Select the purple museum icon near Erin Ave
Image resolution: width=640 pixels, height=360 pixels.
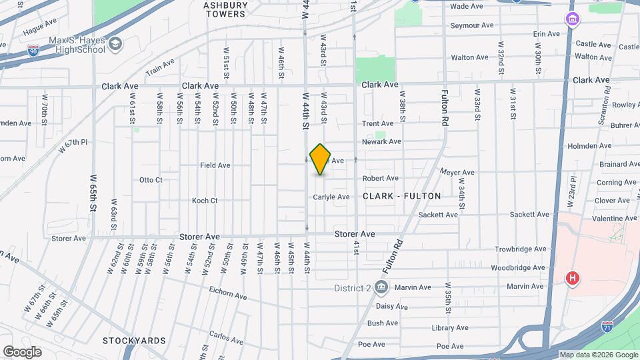tap(572, 19)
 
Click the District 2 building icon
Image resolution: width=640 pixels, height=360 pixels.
tap(381, 287)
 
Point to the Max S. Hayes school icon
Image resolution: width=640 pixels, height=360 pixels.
tap(116, 44)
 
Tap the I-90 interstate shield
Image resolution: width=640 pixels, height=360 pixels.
tap(33, 49)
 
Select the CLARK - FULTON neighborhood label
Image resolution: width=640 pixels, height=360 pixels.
tap(402, 196)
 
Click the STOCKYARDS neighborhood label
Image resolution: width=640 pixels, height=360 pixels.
tap(135, 341)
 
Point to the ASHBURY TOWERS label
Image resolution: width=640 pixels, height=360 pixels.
tap(226, 9)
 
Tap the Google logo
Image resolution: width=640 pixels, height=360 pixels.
tap(22, 351)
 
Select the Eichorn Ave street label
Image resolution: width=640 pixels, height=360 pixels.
tap(227, 297)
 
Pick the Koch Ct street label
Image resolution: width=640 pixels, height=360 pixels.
tap(205, 200)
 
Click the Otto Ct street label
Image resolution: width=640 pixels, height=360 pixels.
tap(150, 180)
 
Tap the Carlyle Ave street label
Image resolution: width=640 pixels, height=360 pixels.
tap(331, 197)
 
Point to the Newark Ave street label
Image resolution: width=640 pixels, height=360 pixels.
tap(381, 141)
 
